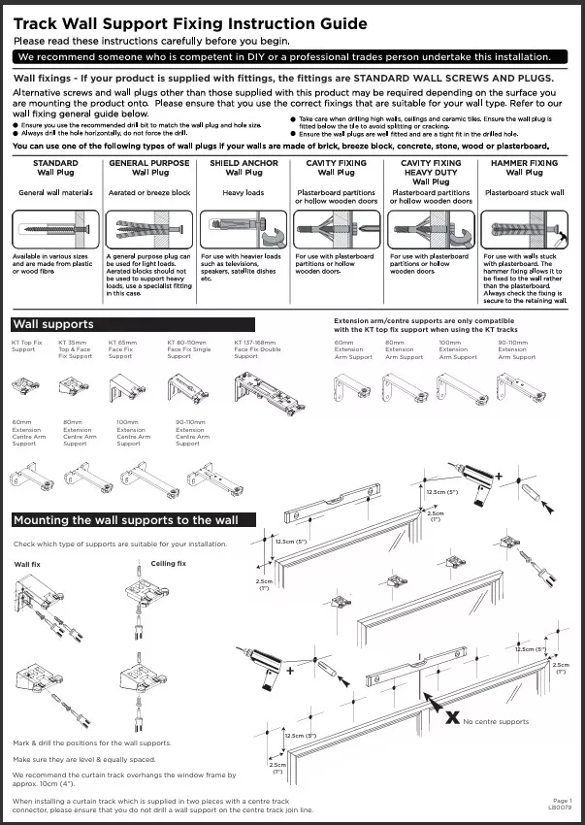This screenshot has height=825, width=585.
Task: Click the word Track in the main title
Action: tap(37, 23)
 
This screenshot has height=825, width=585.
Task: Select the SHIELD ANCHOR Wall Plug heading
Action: tap(244, 168)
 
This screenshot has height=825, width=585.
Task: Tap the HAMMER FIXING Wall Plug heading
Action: tap(524, 168)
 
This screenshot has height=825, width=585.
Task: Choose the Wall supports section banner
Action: tap(53, 323)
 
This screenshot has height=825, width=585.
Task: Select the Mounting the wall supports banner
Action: tap(126, 520)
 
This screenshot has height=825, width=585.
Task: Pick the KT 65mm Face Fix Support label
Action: tap(122, 349)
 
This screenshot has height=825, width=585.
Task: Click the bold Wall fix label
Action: tap(27, 564)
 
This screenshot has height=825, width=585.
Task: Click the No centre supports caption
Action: tap(496, 722)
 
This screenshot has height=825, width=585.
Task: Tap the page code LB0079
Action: tap(561, 807)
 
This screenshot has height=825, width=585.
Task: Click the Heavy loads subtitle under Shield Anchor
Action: tap(244, 193)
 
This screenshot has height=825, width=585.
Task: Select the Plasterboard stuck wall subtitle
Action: tap(524, 193)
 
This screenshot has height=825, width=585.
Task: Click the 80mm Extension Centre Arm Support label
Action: tap(80, 434)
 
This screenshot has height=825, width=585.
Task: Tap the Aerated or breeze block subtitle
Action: tap(149, 193)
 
